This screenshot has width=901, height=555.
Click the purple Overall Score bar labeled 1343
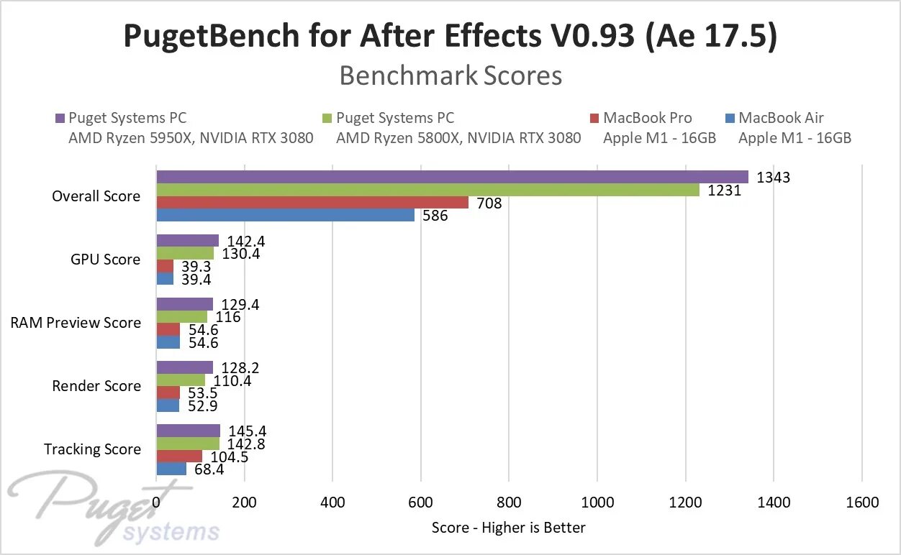point(452,177)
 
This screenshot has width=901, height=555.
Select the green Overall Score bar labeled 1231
point(427,190)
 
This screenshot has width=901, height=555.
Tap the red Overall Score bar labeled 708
point(312,203)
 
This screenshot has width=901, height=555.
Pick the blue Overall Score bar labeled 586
point(286,215)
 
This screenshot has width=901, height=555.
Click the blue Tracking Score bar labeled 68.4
point(171,469)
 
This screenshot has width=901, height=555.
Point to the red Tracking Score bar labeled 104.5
point(179,456)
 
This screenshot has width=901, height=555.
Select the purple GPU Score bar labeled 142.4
point(187,240)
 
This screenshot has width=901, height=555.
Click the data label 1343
point(773,177)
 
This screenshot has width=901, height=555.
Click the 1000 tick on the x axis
point(597,502)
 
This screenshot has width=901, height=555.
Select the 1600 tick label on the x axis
point(861,502)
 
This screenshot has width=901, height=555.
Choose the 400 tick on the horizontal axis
point(332,502)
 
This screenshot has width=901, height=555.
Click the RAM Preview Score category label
point(76,323)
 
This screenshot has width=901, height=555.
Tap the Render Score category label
point(96,386)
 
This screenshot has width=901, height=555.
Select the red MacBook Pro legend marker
point(594,118)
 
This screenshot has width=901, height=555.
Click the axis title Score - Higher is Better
point(508,528)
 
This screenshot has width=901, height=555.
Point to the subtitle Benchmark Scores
point(450,75)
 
